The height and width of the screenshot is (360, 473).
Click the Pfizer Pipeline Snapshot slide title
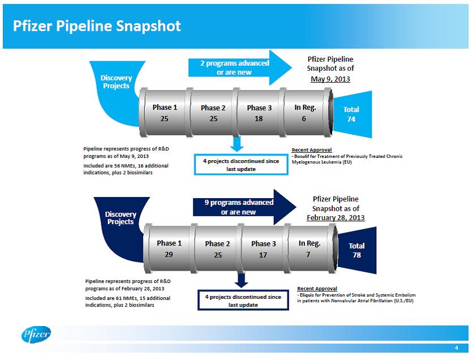[x=98, y=26]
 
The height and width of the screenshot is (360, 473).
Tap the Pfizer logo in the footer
[x=37, y=335]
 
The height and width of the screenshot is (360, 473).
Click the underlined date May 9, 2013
[x=330, y=79]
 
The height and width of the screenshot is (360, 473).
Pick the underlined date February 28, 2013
[x=336, y=217]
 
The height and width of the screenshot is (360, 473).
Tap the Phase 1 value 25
[x=165, y=119]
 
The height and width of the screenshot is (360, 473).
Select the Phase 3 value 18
[x=259, y=119]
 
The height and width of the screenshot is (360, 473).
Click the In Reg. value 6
[x=304, y=119]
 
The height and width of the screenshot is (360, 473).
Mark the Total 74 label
[x=351, y=114]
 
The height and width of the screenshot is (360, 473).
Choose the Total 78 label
[x=356, y=251]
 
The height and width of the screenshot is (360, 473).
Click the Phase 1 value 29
[x=169, y=255]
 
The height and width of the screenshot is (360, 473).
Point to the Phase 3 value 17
[x=263, y=255]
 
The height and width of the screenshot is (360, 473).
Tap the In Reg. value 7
[x=309, y=255]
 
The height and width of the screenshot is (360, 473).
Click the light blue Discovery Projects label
[x=115, y=82]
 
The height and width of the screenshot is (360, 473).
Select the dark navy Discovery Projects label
[x=121, y=218]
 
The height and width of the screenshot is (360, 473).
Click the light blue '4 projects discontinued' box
[x=241, y=165]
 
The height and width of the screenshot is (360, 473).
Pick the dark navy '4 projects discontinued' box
[x=243, y=301]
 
